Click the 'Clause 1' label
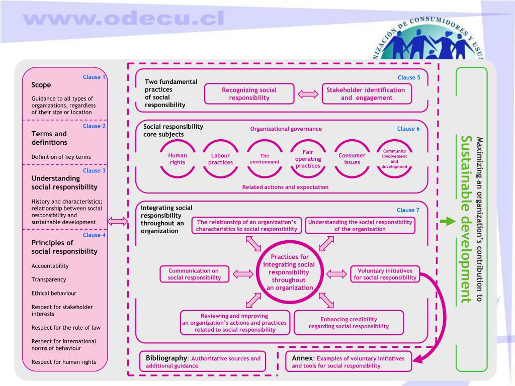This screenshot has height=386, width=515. tap(94, 77)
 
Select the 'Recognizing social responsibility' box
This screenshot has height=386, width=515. tap(249, 93)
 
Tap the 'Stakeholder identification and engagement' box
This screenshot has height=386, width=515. tap(366, 93)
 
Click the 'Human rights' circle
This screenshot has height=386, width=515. tap(178, 159)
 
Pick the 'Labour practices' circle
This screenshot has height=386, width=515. tap(221, 159)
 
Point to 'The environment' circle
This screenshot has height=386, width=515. tap(265, 159)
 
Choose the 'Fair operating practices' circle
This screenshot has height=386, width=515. tap(308, 159)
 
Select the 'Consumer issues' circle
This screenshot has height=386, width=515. tap(352, 159)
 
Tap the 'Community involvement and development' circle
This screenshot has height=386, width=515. tap(395, 159)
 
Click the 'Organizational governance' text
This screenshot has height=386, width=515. tap(286, 129)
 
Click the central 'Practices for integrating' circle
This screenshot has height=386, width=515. tap(289, 272)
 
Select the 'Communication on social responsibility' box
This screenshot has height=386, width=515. tap(194, 274)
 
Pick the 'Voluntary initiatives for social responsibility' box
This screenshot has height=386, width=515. tap(385, 274)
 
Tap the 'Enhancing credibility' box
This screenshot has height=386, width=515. tap(349, 323)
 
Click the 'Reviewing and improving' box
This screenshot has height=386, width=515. tap(234, 323)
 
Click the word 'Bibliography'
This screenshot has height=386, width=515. tap(166, 358)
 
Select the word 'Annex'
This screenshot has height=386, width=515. tap(302, 358)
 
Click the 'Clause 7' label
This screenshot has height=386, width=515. tap(408, 210)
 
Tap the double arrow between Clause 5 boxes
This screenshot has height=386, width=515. tap(307, 93)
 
